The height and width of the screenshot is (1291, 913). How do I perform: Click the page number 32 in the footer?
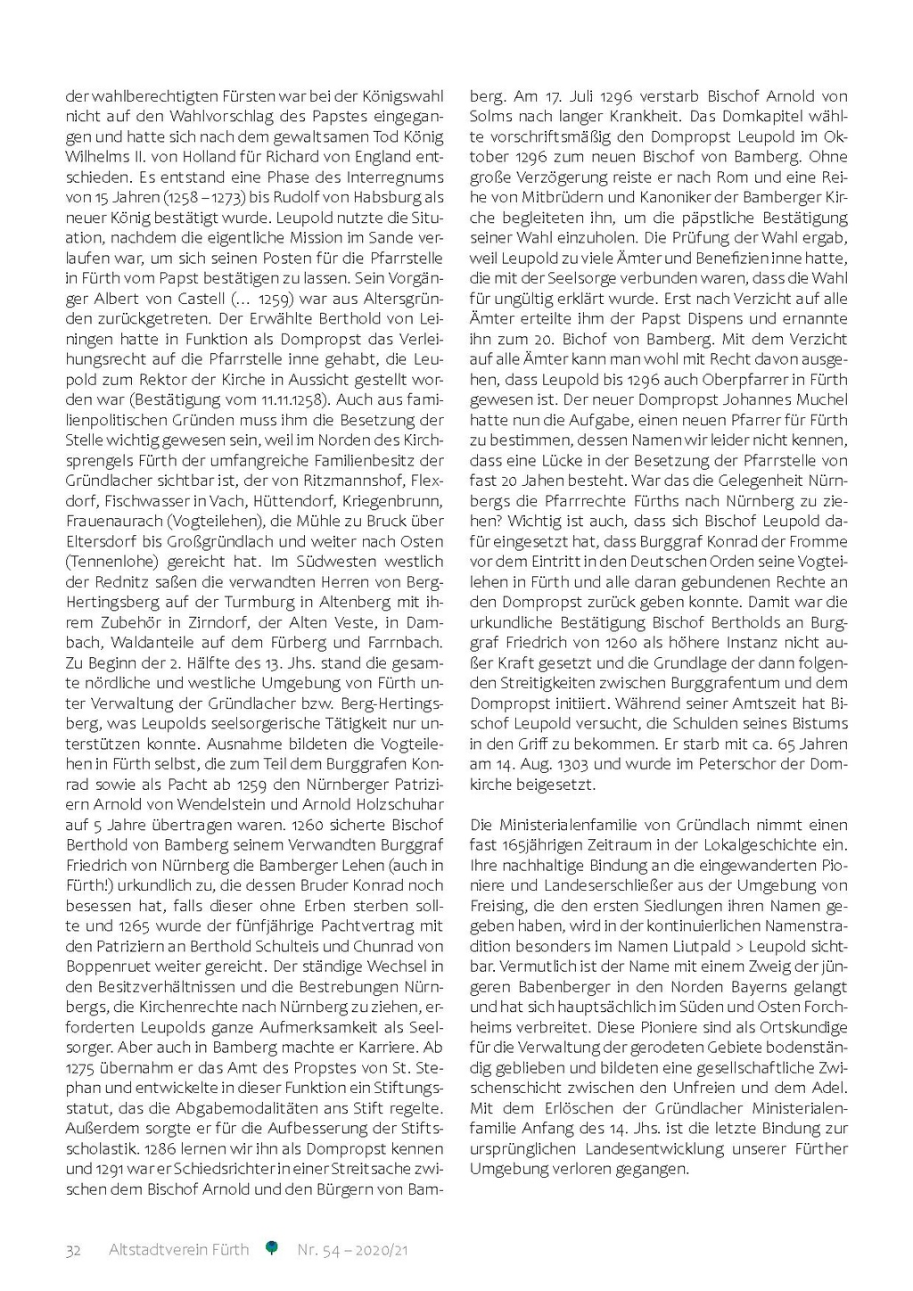[x=73, y=1250]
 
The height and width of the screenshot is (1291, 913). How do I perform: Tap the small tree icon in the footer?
[x=272, y=1248]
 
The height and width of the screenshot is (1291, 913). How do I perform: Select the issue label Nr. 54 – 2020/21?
[x=352, y=1250]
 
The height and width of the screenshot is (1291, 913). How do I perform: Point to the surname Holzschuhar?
[x=400, y=804]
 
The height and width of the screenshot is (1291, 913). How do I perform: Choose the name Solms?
[x=490, y=116]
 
